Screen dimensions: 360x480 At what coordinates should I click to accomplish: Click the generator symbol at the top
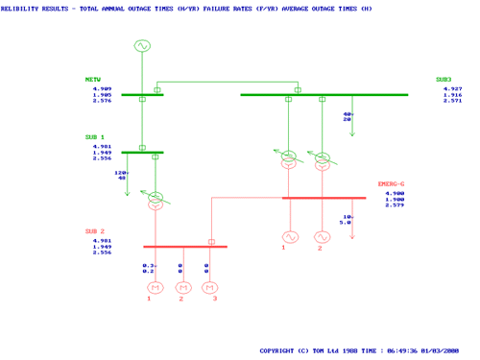coord(142,46)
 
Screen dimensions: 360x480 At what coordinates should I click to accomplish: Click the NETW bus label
coord(93,80)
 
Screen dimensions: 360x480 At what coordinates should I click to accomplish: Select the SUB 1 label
coord(95,137)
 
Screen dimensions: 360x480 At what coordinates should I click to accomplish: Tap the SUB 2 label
coord(95,231)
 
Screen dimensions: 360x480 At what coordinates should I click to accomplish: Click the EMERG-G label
coord(392,183)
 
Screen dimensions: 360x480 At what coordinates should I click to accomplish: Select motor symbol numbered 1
coord(150,286)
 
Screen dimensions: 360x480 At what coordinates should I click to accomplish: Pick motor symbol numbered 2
coord(180,286)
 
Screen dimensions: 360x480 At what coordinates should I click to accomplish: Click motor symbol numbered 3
coord(207,286)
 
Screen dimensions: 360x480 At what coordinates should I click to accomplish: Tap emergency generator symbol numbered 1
coord(290,236)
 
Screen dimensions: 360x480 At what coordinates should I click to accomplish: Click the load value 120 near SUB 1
coord(120,172)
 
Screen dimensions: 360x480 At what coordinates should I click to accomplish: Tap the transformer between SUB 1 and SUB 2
coord(155,200)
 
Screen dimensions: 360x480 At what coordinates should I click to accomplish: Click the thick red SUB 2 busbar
coord(185,247)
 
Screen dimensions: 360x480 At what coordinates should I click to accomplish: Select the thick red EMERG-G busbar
coord(324,198)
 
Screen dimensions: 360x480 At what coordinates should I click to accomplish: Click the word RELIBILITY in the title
coord(22,7)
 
